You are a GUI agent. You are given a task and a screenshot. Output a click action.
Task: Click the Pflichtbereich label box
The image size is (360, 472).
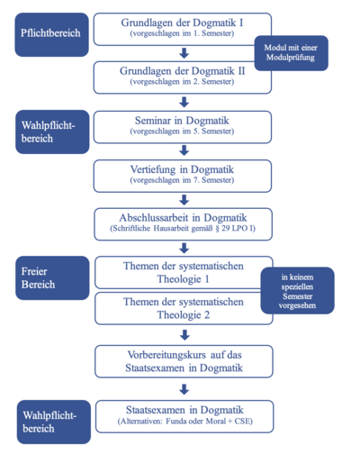point(51,34)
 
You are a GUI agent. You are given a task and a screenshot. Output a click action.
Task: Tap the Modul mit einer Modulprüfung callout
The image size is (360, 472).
point(291,53)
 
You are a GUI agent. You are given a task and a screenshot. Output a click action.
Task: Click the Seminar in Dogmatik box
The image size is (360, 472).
point(183,127)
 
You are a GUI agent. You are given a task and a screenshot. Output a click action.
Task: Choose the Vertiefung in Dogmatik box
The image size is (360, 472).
point(183,176)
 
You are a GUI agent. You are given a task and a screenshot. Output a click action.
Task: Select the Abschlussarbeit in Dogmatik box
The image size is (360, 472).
point(184,224)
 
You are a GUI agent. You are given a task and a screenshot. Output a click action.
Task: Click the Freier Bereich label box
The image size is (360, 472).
point(52,277)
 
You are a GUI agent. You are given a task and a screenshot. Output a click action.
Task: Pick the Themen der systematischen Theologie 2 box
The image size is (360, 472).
point(184,308)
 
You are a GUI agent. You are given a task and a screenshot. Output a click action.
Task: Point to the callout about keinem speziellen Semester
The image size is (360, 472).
point(297,290)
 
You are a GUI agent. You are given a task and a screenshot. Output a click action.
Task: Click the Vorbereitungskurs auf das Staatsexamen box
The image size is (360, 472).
point(184,361)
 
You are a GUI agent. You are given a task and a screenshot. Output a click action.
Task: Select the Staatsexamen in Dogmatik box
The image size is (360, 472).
point(184,417)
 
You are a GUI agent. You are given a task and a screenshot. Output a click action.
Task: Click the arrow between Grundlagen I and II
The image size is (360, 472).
point(184,53)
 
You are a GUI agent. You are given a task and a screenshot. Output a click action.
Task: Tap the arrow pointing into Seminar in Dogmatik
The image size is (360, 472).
point(184,102)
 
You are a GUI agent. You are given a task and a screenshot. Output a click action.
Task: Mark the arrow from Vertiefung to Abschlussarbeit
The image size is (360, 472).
point(184,200)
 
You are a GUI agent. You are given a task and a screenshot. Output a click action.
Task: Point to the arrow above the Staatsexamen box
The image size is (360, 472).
point(184,389)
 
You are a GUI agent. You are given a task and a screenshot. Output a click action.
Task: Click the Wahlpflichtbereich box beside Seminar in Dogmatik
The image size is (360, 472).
point(52,132)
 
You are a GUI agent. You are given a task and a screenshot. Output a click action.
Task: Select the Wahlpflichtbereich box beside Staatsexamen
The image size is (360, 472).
point(54,422)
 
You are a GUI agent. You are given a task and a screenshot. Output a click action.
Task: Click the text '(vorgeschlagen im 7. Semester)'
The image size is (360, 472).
point(182,180)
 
